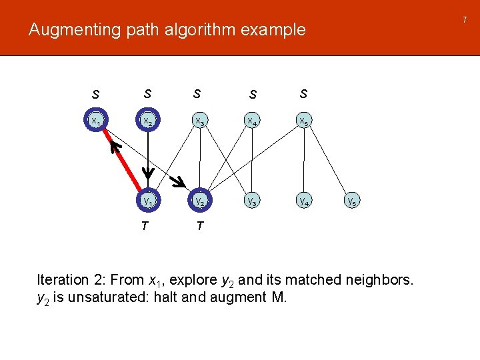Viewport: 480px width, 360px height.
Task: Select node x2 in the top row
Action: tap(148, 121)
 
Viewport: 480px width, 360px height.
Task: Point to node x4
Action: tap(251, 121)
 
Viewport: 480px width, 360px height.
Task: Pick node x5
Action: tap(303, 121)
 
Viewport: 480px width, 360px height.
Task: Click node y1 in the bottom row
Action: tap(148, 199)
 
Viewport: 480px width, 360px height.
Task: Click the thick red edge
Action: tap(123, 160)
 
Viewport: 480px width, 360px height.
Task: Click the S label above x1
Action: tap(96, 95)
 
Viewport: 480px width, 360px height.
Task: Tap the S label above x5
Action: tap(303, 93)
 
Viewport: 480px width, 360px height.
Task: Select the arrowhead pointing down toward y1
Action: tap(148, 174)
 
